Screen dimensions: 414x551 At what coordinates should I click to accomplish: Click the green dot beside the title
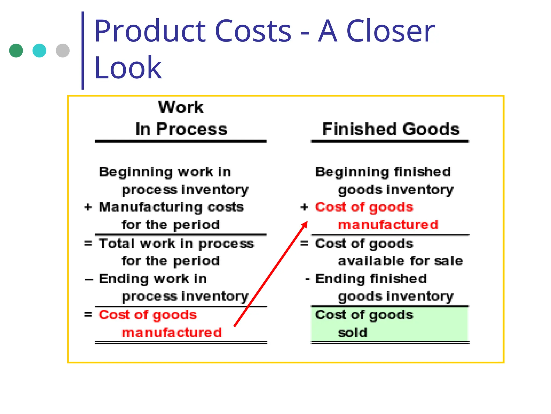click(x=16, y=51)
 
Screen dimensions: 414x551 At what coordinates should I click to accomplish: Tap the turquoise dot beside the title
click(x=39, y=51)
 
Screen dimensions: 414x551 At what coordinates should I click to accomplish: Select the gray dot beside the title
click(x=63, y=51)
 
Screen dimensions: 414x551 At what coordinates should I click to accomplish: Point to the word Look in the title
click(x=128, y=68)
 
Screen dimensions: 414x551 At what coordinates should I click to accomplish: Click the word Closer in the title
click(x=390, y=31)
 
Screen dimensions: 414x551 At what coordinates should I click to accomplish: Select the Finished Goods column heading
click(x=391, y=129)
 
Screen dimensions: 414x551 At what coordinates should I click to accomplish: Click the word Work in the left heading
click(x=181, y=107)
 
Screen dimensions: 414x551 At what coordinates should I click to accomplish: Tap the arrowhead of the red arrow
click(x=305, y=225)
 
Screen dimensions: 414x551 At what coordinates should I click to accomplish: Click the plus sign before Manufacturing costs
click(x=88, y=207)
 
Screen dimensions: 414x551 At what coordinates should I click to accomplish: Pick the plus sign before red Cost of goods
click(x=304, y=207)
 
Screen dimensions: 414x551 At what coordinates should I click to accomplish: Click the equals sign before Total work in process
click(x=88, y=243)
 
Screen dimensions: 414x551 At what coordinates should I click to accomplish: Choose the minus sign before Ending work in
click(x=89, y=280)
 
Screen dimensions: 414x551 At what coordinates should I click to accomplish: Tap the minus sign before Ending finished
click(x=308, y=279)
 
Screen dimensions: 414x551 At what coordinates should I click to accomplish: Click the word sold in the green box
click(x=353, y=332)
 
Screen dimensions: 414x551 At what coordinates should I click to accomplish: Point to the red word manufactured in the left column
click(x=172, y=332)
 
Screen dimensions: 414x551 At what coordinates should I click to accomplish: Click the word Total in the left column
click(x=117, y=243)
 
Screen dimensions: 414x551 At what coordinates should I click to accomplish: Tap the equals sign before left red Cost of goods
click(x=88, y=315)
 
